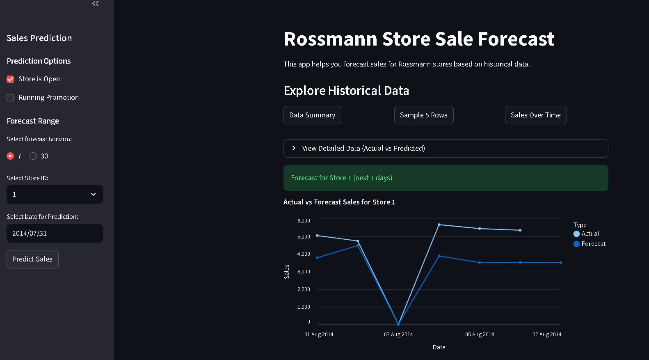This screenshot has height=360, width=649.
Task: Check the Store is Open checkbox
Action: [x=10, y=79]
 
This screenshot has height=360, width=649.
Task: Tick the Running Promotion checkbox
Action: [x=10, y=98]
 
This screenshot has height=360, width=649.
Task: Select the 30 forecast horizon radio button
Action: [x=33, y=156]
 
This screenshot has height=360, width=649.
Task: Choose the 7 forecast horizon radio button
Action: [x=10, y=156]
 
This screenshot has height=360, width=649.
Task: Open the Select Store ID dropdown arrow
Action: [x=93, y=195]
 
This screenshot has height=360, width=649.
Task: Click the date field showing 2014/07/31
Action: [x=55, y=233]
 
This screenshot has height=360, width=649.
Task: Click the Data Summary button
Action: [x=312, y=115]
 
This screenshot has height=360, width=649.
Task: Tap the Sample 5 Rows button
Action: [x=424, y=115]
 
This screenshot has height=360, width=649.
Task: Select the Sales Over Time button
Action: [x=536, y=115]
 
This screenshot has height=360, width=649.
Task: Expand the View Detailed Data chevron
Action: [x=294, y=148]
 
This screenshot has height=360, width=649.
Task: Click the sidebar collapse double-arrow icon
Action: [x=95, y=3]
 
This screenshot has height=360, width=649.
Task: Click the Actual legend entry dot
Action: [x=576, y=234]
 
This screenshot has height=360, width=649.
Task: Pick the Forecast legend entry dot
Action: [x=576, y=244]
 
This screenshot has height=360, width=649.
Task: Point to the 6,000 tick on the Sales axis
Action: [x=304, y=220]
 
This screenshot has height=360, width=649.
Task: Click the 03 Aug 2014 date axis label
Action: [x=398, y=335]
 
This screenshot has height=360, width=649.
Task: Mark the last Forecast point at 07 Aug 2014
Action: [x=561, y=263]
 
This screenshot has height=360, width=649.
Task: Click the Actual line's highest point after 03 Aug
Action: [x=439, y=225]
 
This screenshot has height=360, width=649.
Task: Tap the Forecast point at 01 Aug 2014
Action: [x=317, y=258]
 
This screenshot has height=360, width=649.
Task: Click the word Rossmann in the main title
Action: [x=331, y=39]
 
